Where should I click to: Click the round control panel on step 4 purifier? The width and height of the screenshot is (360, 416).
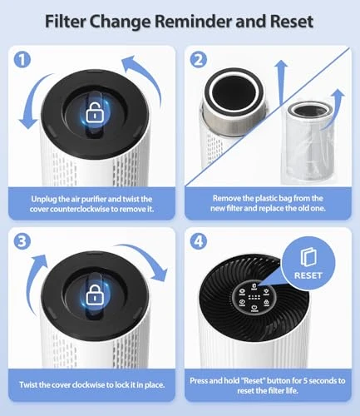(x=253, y=299)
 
